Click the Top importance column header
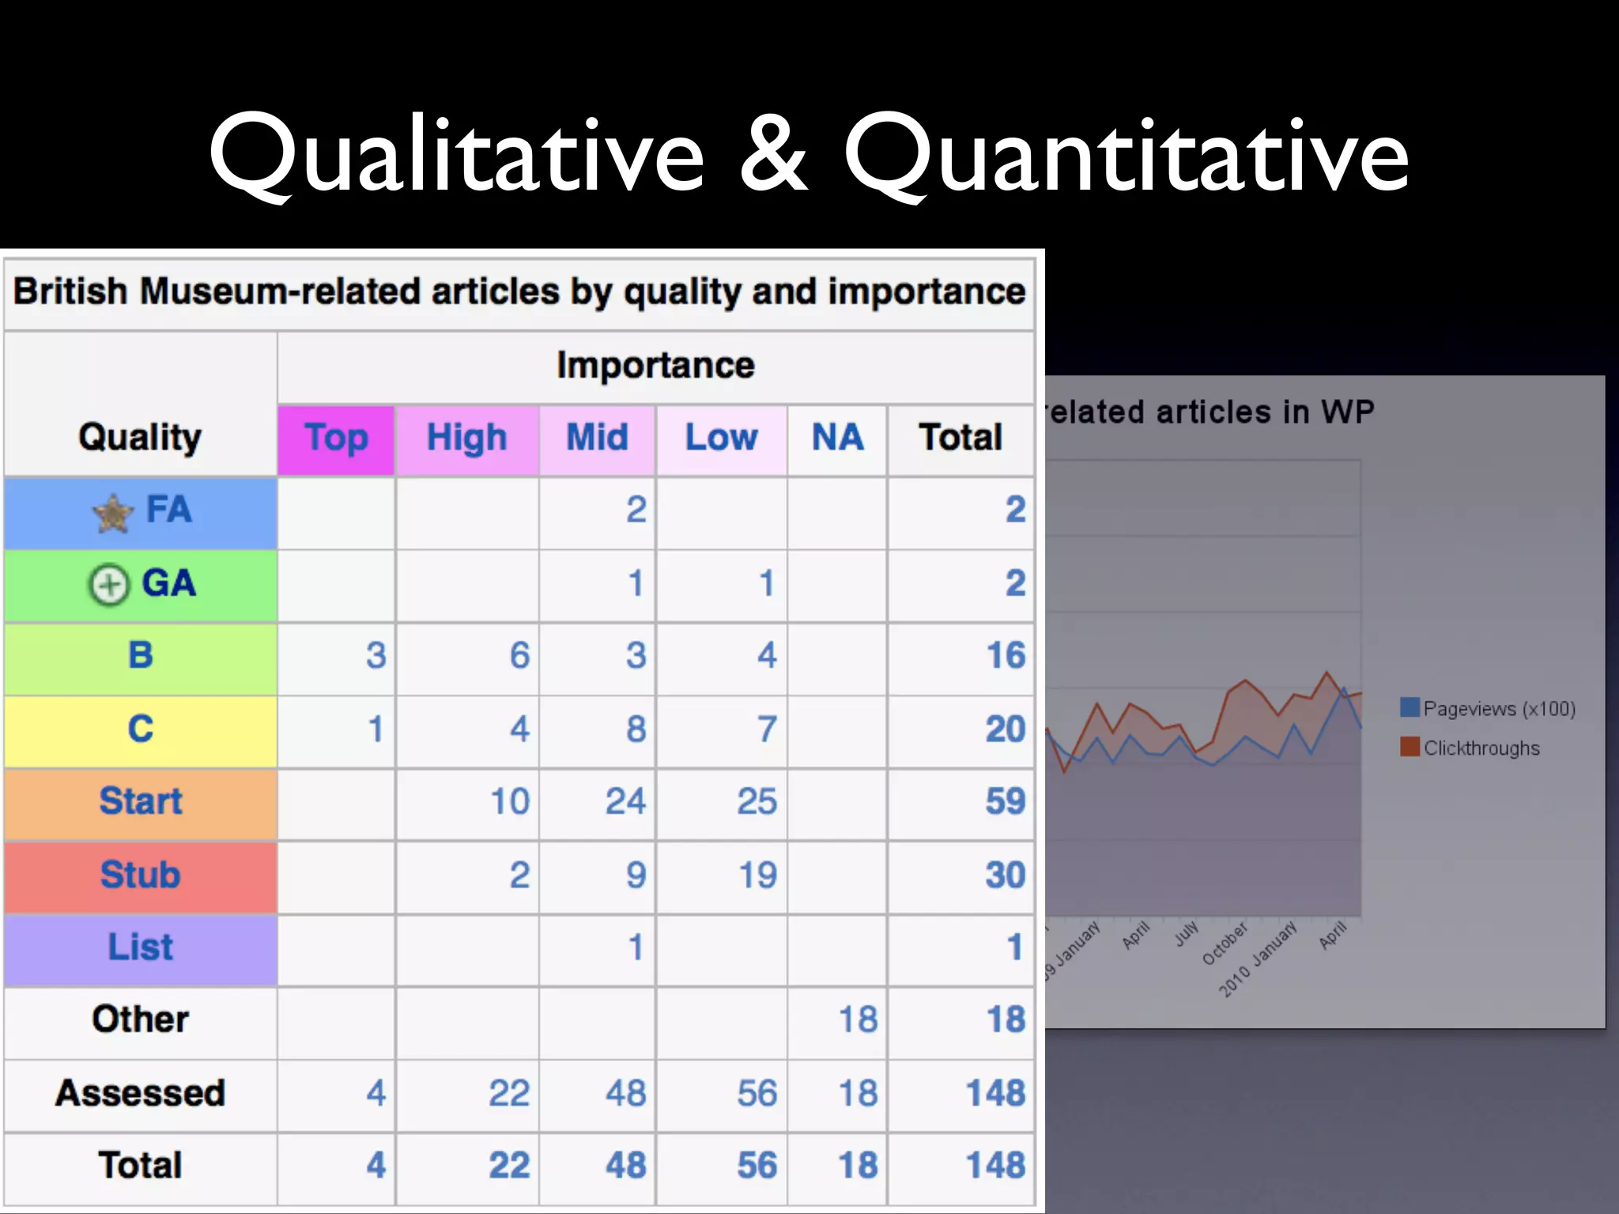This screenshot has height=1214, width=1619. pos(336,439)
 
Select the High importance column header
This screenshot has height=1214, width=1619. pos(466,439)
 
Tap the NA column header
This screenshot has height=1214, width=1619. pos(837,437)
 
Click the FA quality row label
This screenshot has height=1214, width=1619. pos(168,510)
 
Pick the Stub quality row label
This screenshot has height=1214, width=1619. pos(141,875)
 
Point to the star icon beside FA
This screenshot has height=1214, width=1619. pos(113,513)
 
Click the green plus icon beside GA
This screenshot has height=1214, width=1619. pos(108,586)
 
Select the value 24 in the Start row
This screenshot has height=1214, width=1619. pos(625,801)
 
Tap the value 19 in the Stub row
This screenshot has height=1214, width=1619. pos(757,875)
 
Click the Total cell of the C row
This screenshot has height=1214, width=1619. pos(1005,729)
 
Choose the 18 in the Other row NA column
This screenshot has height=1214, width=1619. pos(858,1020)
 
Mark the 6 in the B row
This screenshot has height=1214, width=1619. pos(519,655)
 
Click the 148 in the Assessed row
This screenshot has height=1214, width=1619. pos(995,1093)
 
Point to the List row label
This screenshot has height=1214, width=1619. pos(141,947)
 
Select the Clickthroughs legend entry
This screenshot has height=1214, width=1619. pos(1481,748)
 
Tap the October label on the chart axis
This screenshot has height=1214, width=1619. pos(1225,943)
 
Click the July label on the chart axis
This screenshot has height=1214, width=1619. pos(1186,933)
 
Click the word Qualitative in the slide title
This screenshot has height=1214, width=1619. pos(456,154)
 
